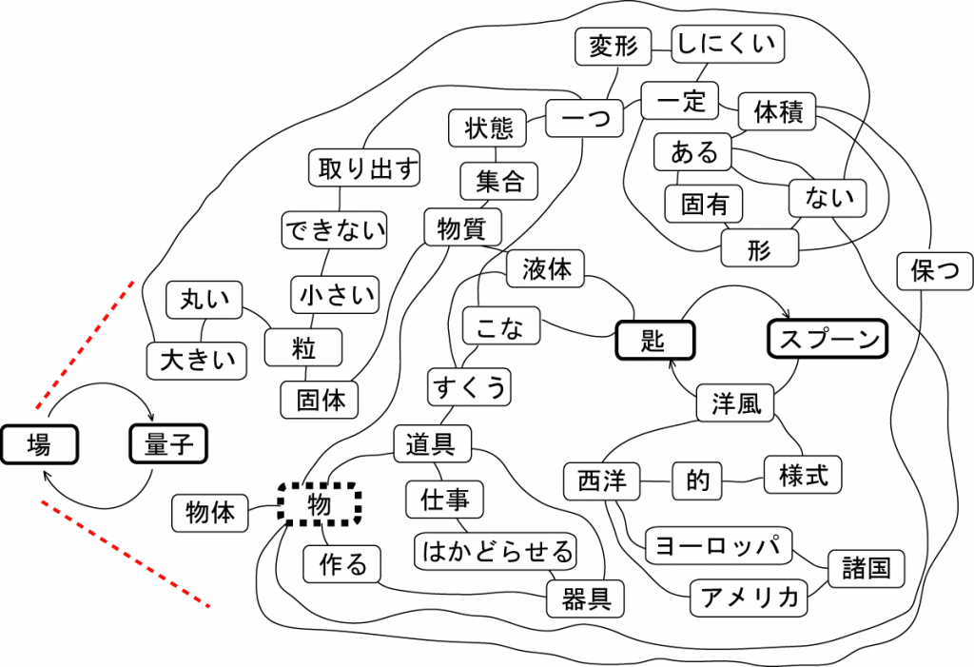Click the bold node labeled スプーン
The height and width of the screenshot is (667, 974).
(826, 340)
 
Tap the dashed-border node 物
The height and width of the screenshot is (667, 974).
(320, 504)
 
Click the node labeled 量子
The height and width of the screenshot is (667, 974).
(168, 444)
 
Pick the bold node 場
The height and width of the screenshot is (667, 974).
(39, 444)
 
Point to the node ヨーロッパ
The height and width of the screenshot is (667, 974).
(719, 546)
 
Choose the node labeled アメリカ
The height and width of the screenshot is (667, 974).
(748, 598)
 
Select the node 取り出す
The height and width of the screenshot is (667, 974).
(366, 168)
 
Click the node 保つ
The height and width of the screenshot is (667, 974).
(934, 271)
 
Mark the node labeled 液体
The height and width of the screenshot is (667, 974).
(546, 270)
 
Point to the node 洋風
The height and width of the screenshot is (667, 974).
(736, 403)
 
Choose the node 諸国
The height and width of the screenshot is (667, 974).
(866, 568)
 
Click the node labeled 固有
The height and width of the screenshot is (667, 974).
(704, 203)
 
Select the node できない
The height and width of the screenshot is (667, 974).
(337, 230)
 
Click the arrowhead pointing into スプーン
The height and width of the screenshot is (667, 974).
(789, 315)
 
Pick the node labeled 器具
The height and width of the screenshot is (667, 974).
(585, 598)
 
